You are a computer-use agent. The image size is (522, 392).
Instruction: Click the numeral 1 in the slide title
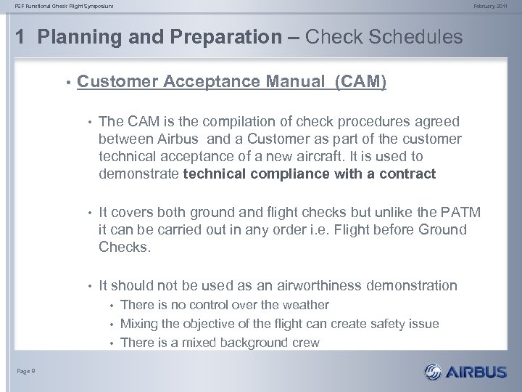click(19, 37)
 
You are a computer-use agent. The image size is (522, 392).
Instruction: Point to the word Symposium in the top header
click(96, 7)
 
